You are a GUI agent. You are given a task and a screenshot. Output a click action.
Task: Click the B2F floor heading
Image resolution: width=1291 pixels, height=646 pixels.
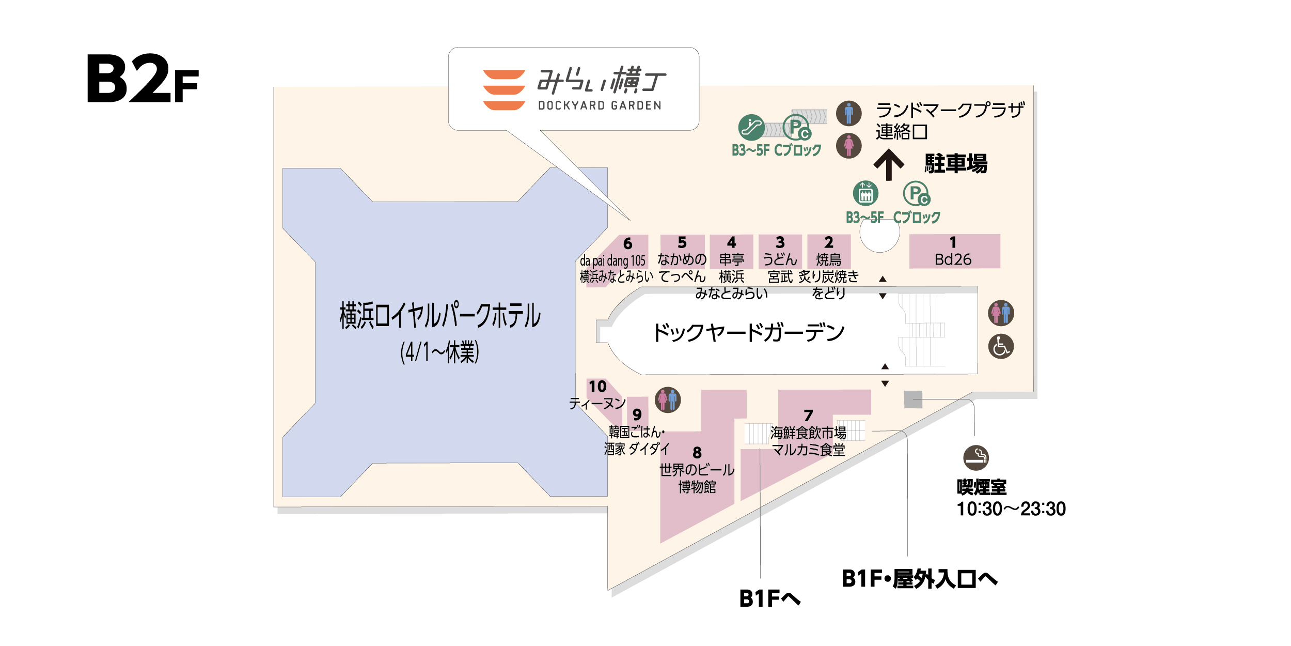coord(142,79)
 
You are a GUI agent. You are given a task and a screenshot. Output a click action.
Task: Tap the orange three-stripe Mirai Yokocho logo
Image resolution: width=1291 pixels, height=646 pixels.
coord(504,90)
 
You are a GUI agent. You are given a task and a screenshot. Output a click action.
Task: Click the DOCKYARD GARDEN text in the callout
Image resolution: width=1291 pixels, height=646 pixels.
coord(600,105)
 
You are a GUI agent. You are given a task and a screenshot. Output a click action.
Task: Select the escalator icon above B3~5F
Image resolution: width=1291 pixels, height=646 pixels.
coord(751,127)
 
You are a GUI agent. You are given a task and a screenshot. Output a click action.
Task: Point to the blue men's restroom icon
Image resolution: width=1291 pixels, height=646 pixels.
coord(848,113)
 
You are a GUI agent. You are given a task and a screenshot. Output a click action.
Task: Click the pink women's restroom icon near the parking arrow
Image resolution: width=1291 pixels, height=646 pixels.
coord(848,146)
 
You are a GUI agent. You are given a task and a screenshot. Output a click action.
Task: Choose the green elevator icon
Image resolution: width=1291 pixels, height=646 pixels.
coord(865,194)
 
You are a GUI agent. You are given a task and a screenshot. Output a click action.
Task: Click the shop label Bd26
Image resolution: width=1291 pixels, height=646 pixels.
coord(953,259)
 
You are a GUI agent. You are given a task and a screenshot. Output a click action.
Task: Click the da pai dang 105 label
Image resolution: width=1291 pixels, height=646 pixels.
coord(612,260)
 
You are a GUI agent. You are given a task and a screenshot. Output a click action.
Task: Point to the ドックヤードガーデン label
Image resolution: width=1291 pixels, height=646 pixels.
coord(749,332)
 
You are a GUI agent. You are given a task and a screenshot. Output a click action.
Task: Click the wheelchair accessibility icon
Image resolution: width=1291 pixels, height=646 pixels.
coord(1001,346)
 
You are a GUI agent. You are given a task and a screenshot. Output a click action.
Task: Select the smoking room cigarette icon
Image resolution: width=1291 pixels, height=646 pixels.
coord(976,457)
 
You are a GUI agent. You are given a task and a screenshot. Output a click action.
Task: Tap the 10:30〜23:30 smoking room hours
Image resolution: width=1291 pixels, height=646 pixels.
coord(1011,509)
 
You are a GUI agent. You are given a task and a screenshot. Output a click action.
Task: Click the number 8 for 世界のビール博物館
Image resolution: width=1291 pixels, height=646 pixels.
coord(697,453)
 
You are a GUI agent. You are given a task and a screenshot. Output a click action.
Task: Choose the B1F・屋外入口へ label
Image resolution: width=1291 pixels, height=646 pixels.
coord(919,579)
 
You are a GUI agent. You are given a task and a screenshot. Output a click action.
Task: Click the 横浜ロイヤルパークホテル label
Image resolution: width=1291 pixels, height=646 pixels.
coord(440,315)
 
